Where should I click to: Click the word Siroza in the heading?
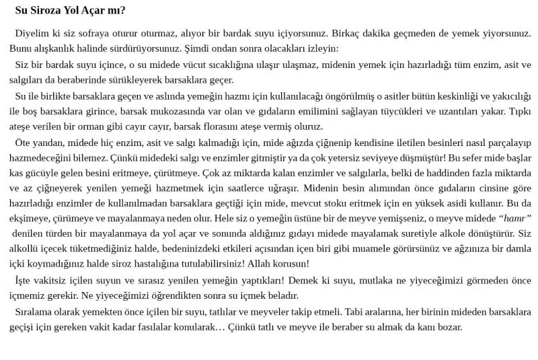click(x=46, y=10)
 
